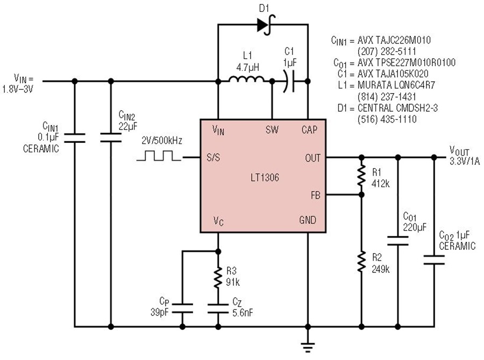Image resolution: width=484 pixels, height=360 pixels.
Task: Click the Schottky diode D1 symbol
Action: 266,25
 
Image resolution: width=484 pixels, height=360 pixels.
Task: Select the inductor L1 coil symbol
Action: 246,80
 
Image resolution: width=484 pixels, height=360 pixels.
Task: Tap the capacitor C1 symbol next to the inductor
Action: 289,81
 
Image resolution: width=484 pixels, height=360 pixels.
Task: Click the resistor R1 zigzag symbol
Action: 361,176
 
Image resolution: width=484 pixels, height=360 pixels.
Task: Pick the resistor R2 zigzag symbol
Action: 361,262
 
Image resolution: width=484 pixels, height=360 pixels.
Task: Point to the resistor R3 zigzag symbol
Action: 218,278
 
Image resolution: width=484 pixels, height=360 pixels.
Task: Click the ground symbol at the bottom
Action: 308,347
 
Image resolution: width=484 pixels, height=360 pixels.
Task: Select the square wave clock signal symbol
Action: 159,155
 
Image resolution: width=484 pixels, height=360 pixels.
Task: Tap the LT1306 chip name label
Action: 265,177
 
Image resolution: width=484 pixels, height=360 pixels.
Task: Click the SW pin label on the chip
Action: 272,129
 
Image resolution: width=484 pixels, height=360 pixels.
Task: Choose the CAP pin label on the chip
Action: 309,129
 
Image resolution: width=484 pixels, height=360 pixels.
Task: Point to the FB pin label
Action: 316,195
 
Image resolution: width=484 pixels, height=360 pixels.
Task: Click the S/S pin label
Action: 213,157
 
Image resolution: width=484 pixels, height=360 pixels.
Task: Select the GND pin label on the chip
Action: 308,220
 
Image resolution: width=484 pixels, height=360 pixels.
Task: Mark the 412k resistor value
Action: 381,184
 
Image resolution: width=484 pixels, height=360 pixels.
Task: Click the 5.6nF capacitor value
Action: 243,313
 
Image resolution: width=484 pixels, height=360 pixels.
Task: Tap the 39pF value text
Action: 160,312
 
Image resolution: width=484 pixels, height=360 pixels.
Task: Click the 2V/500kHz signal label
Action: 162,141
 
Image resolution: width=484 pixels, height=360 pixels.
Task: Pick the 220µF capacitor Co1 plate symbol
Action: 397,241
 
